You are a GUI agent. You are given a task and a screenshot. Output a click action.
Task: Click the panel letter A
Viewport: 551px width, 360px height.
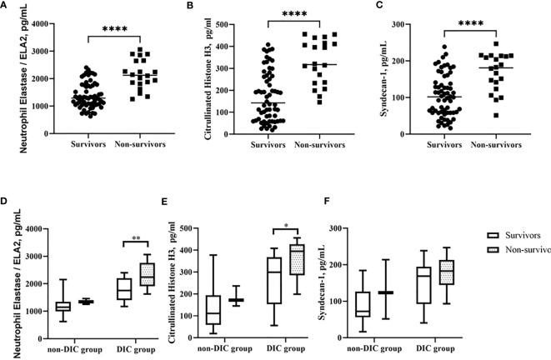5,7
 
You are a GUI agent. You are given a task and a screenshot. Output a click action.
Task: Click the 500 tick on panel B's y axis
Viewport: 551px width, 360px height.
225,24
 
